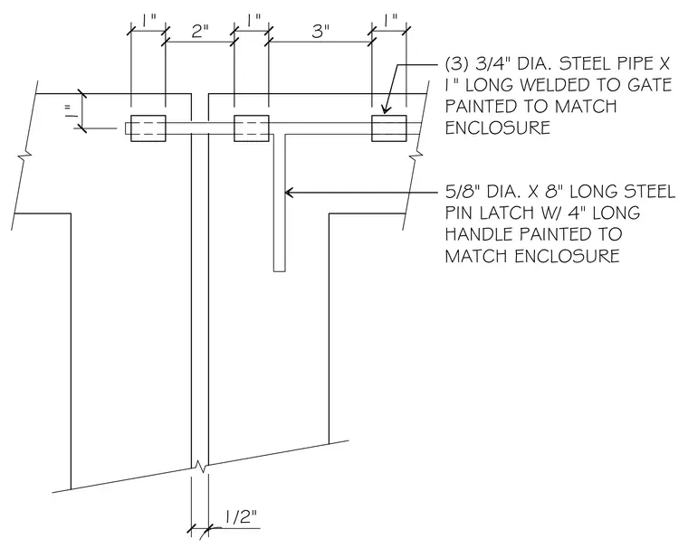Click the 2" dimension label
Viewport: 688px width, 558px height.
click(200, 32)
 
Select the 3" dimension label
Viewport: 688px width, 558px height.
click(320, 32)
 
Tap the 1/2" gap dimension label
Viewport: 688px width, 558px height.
click(241, 517)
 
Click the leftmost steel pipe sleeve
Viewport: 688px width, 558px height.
click(148, 128)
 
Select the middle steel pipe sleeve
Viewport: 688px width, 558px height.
click(252, 128)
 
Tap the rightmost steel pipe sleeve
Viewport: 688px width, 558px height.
click(389, 128)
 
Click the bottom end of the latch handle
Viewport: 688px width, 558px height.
click(280, 271)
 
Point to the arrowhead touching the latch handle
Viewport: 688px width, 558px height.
click(290, 192)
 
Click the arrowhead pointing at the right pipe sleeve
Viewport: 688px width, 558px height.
click(386, 109)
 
